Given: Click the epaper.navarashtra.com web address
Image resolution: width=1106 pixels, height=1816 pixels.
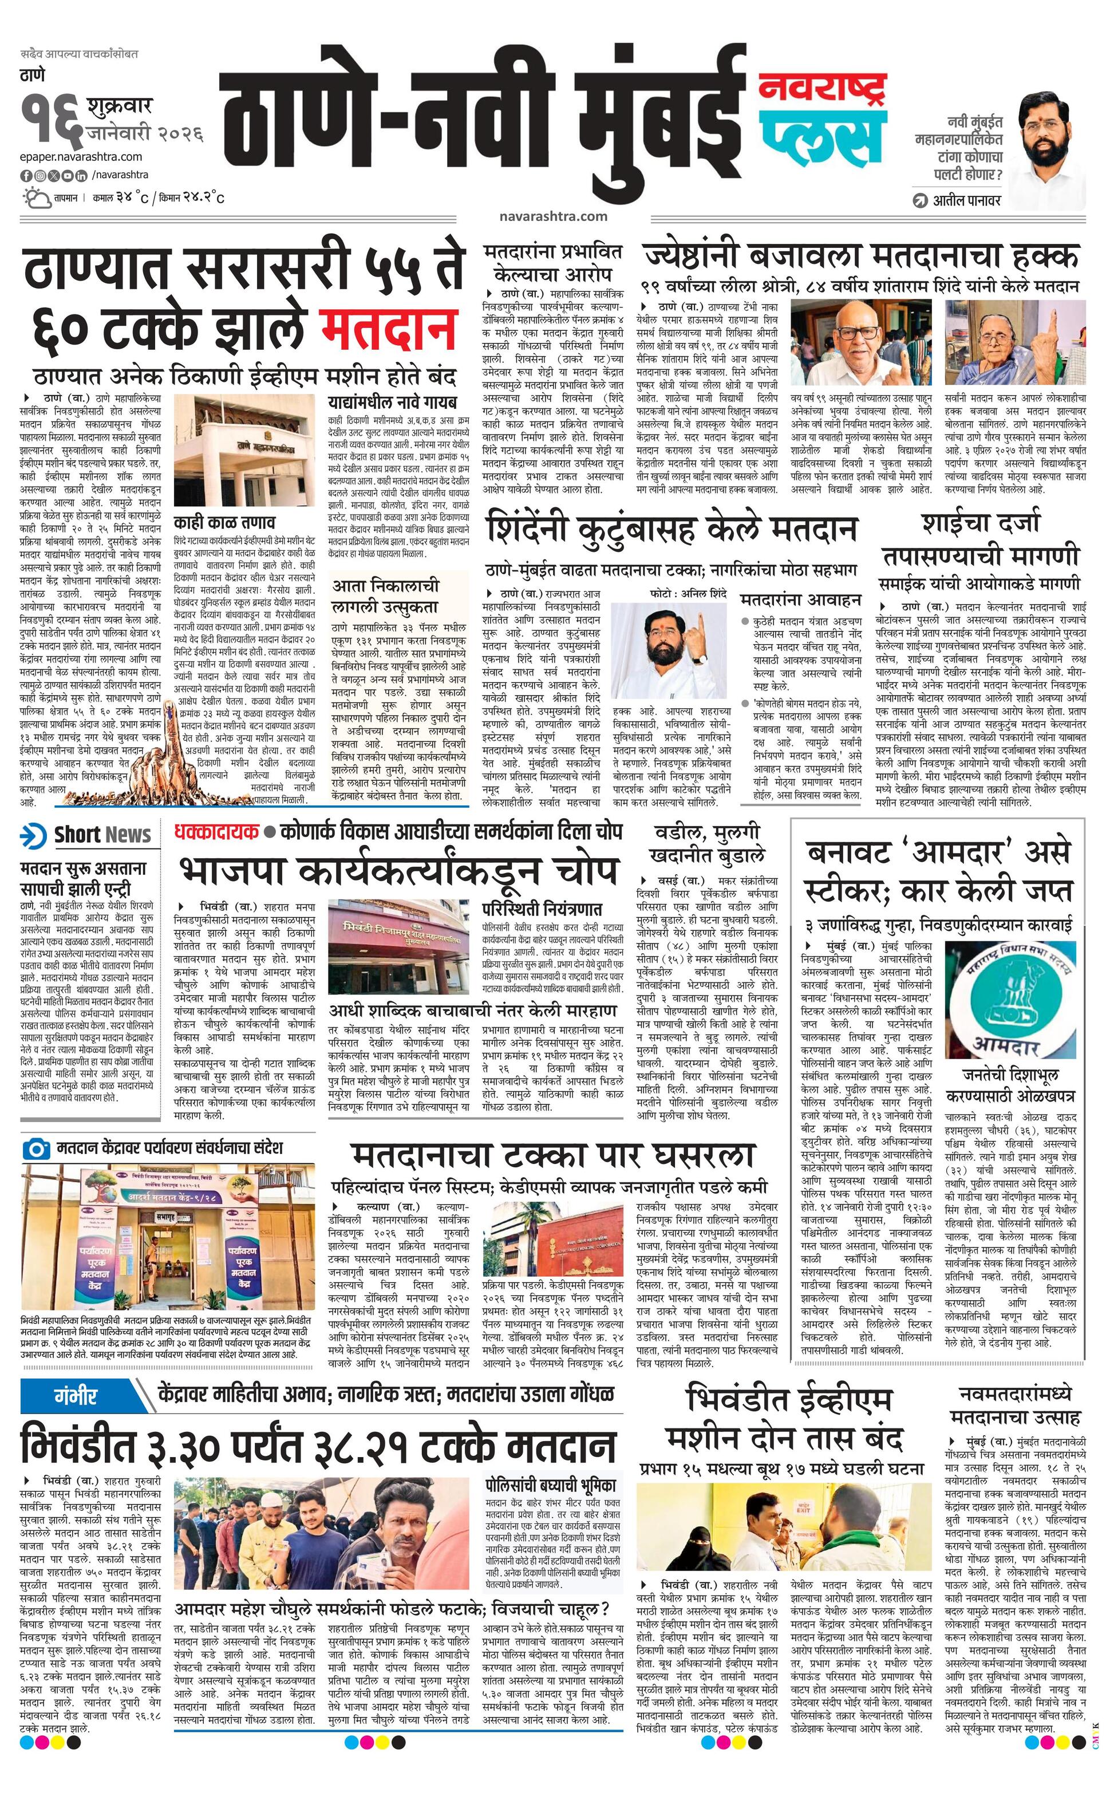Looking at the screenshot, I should pyautogui.click(x=82, y=156).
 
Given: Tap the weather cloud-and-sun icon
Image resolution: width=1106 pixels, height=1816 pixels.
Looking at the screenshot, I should pyautogui.click(x=36, y=198).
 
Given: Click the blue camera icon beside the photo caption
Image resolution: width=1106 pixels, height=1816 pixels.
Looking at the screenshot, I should pyautogui.click(x=35, y=1147).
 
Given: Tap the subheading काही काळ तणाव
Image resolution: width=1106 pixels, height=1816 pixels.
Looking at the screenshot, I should pyautogui.click(x=225, y=522).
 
